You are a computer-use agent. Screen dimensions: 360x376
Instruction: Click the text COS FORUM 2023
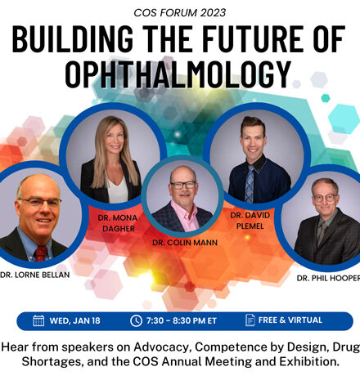[180, 13]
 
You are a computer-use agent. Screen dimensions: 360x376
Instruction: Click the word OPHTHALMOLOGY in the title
[178, 74]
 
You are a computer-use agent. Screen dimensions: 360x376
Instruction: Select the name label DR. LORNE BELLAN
[35, 275]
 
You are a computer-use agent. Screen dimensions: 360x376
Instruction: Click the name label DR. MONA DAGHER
[118, 223]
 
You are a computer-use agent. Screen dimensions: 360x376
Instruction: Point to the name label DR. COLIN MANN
[185, 243]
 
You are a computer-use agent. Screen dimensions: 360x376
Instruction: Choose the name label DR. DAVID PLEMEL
[250, 221]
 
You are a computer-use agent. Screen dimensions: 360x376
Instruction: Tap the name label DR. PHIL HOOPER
[328, 278]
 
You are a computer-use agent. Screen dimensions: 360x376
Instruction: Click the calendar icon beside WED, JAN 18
[38, 320]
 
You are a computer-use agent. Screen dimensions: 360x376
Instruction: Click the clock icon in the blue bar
[136, 320]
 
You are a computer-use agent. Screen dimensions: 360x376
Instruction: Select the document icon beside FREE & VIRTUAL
[250, 320]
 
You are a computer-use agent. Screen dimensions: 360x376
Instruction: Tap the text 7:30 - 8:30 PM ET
[182, 321]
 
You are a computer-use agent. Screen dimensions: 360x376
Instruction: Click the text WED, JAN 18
[74, 321]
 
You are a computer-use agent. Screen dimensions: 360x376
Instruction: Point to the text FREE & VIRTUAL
[290, 320]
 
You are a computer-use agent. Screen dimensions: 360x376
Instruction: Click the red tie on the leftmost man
[41, 253]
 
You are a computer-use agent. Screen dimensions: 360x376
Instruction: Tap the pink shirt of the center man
[185, 215]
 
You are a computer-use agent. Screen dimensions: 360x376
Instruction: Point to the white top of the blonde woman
[118, 190]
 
